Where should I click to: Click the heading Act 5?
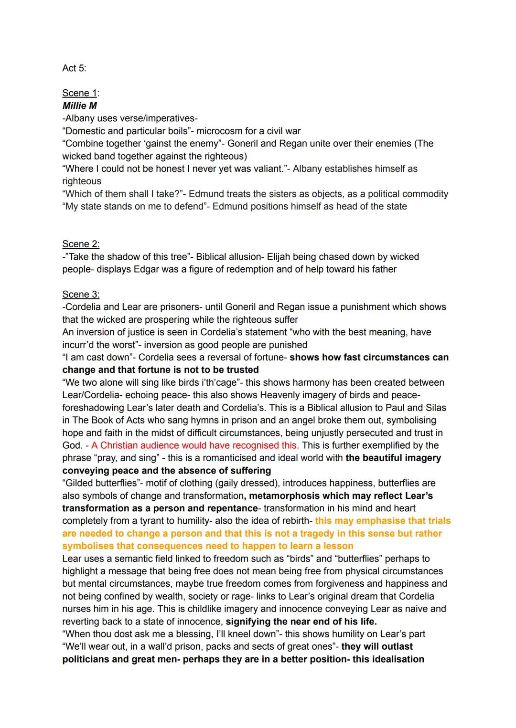click(x=74, y=68)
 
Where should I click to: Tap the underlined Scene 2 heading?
click(x=81, y=244)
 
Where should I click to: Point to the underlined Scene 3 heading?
click(x=81, y=295)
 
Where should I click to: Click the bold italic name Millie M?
click(x=80, y=106)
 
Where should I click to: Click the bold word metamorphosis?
click(x=286, y=496)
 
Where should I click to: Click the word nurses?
click(x=77, y=609)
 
